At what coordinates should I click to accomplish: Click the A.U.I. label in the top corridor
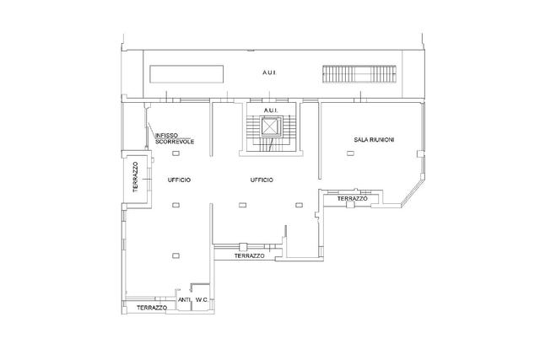coord(269,73)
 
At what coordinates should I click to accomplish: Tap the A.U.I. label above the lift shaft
coord(271,110)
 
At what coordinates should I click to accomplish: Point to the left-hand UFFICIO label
coord(179,180)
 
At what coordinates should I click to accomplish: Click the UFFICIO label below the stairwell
coord(262,180)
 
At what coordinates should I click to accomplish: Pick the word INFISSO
coord(167,135)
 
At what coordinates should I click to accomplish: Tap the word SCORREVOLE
coord(175,142)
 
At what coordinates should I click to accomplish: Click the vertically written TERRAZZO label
coord(135,177)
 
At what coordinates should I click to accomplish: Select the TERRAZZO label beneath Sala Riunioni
coord(353,199)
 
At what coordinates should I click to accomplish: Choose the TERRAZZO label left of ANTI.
coord(152,308)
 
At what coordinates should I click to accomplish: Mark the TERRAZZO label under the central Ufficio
coord(250,256)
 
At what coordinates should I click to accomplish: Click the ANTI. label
coord(185,300)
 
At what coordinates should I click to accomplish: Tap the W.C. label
coord(202,300)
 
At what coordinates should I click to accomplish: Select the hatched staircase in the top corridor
coord(359,74)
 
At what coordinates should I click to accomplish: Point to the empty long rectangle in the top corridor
coord(186,74)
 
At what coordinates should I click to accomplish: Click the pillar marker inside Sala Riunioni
coord(350,153)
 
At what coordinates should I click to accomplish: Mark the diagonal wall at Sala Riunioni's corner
coord(413,193)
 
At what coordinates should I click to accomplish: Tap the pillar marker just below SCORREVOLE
coord(175,153)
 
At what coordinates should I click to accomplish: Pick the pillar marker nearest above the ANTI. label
coord(175,255)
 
